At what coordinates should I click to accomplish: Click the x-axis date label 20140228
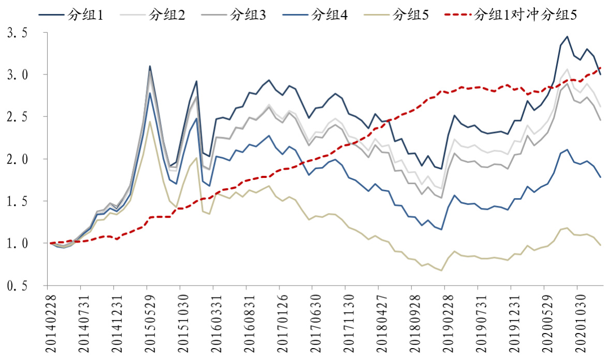click(50, 321)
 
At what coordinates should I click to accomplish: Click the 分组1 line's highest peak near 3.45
click(567, 36)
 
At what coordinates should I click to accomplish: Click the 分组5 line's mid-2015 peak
click(150, 122)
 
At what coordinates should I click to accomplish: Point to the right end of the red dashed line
click(600, 67)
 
